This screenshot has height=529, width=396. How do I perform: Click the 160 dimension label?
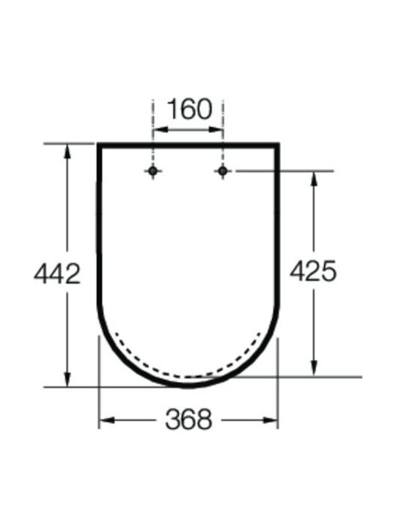tap(190, 109)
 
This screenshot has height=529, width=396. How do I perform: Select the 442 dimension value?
tap(57, 273)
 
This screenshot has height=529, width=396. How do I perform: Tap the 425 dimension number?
tap(313, 270)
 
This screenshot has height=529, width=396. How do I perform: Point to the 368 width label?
tap(188, 420)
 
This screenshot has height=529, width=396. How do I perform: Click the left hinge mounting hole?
tap(153, 170)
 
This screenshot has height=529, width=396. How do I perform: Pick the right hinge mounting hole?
tap(222, 170)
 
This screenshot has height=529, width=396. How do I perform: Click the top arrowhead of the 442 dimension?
tap(67, 151)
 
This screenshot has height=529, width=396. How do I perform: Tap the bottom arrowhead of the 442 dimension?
tap(67, 380)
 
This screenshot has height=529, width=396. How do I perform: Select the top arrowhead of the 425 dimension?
tap(314, 179)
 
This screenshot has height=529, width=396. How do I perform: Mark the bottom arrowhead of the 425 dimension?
tap(314, 369)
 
